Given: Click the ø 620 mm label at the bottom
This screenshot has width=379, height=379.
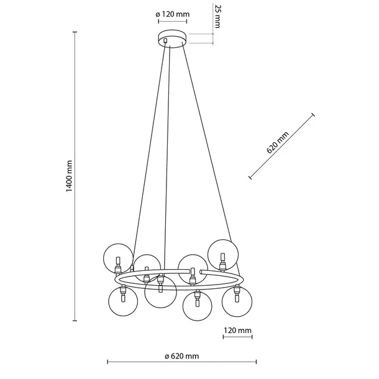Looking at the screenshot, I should click(x=182, y=356).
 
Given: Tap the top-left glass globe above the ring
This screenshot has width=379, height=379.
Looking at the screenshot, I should click(x=117, y=258).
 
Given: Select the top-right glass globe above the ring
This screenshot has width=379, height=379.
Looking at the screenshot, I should click(x=224, y=254).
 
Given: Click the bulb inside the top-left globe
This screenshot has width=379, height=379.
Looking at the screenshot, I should click(x=116, y=260).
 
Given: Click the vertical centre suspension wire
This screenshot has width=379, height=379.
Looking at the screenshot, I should click(x=167, y=155).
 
